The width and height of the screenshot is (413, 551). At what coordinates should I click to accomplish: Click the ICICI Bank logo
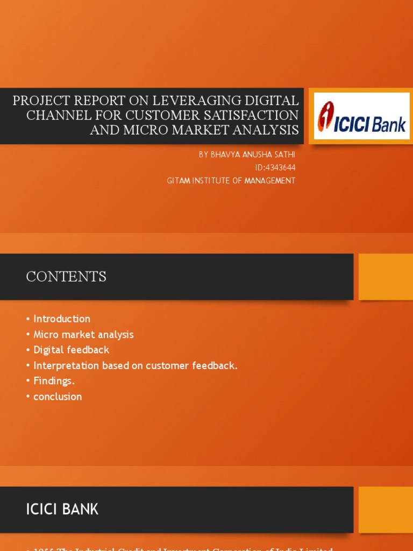pyautogui.click(x=361, y=116)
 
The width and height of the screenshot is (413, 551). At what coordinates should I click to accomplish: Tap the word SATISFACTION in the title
pyautogui.click(x=248, y=115)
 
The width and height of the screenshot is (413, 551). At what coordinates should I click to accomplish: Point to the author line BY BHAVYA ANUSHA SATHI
pyautogui.click(x=247, y=154)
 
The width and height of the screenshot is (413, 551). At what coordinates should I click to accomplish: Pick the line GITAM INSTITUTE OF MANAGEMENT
pyautogui.click(x=231, y=181)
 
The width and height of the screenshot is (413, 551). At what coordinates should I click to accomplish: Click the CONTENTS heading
pyautogui.click(x=66, y=277)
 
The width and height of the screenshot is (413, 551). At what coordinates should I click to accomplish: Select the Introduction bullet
pyautogui.click(x=62, y=319)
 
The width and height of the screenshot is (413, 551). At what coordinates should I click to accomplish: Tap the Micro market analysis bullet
pyautogui.click(x=83, y=334)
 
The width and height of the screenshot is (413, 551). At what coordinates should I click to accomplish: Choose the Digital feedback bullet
pyautogui.click(x=71, y=350)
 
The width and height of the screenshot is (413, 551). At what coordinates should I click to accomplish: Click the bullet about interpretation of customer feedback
pyautogui.click(x=135, y=365)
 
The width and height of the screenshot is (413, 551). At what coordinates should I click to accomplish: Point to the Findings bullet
pyautogui.click(x=54, y=381)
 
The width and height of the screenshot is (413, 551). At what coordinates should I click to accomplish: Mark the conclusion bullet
pyautogui.click(x=58, y=397)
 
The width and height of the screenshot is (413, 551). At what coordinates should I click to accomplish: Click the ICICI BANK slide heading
pyautogui.click(x=62, y=509)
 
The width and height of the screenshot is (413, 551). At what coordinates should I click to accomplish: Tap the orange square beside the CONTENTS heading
pyautogui.click(x=386, y=277)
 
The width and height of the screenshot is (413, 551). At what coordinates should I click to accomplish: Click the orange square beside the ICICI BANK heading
pyautogui.click(x=386, y=510)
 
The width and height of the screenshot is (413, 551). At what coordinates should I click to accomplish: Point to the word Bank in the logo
pyautogui.click(x=389, y=125)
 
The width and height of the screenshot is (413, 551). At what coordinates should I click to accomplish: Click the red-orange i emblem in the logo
pyautogui.click(x=325, y=116)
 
